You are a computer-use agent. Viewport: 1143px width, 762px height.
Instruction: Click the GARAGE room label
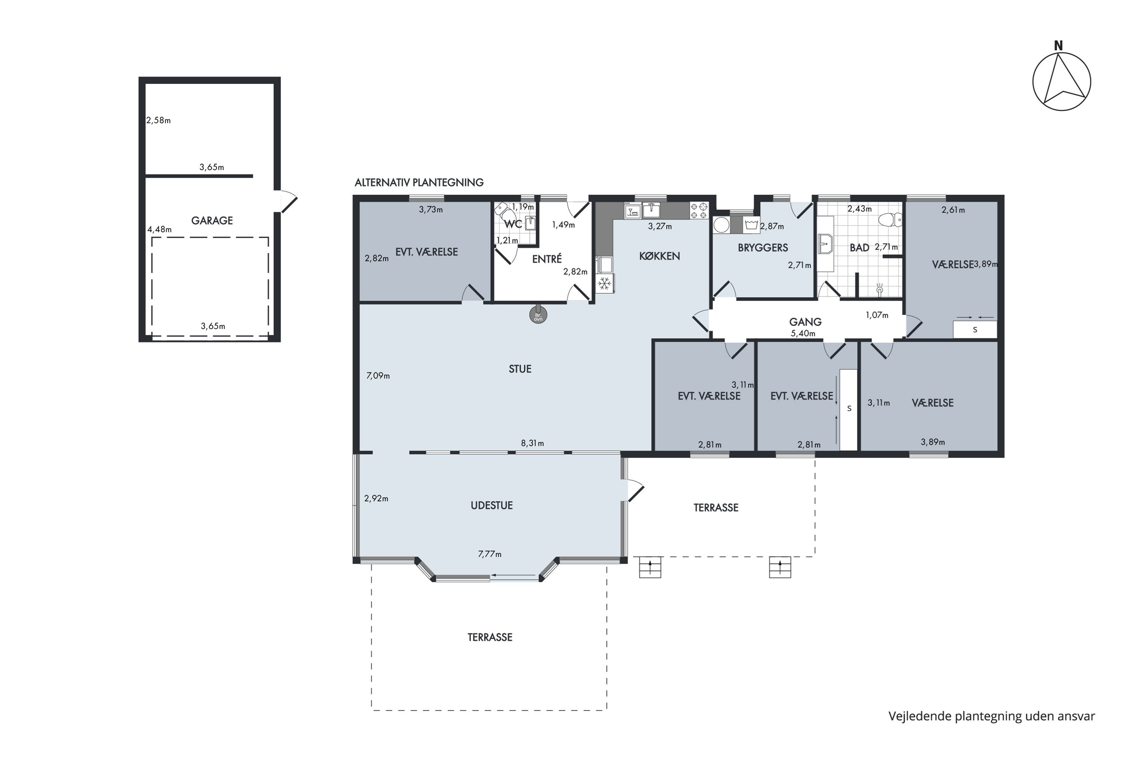tap(212, 221)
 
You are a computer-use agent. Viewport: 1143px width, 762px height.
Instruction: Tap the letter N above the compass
tap(1058, 46)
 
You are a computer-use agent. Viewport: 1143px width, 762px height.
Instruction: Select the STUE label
tap(520, 369)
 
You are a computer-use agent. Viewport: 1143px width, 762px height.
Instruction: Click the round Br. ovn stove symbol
tap(538, 315)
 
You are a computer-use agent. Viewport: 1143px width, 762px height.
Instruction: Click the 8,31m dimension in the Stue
tap(532, 443)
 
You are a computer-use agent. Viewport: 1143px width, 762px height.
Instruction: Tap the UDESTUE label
tap(492, 506)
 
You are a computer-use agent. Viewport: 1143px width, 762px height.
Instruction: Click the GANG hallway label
tap(805, 322)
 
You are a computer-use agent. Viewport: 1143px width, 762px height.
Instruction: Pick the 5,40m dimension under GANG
tap(803, 333)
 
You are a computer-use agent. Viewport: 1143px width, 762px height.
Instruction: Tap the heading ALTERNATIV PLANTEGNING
tap(419, 183)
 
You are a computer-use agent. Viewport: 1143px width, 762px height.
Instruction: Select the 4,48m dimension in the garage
tap(159, 229)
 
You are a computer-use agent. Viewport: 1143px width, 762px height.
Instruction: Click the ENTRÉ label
tap(547, 259)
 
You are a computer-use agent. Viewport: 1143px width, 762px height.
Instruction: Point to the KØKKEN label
tap(660, 256)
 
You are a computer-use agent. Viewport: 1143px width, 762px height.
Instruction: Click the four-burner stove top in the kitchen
tap(699, 210)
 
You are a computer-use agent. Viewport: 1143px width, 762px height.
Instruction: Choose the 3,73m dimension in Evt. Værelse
tap(431, 210)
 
